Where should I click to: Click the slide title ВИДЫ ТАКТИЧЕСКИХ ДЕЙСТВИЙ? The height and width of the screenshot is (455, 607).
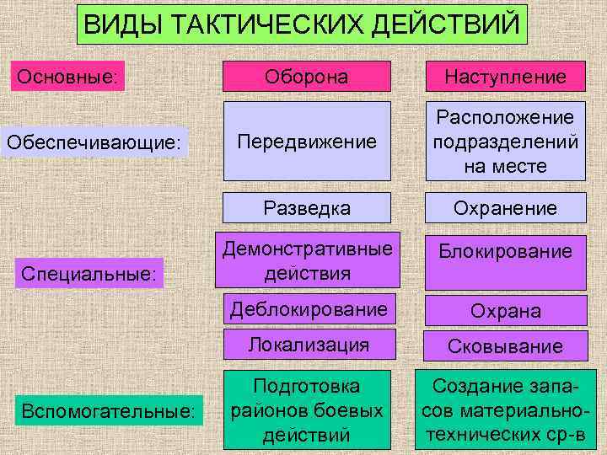(302, 24)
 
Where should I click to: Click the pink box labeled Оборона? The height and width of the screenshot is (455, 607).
(307, 77)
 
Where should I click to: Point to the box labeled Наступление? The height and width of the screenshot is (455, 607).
(505, 77)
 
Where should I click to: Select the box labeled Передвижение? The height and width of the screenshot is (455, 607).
(307, 142)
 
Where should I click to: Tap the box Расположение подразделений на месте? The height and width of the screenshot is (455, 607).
(505, 142)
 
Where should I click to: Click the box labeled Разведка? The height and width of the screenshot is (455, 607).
(307, 207)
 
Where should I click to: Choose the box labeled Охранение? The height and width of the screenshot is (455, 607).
(505, 207)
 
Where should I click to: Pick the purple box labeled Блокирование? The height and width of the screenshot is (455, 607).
(505, 261)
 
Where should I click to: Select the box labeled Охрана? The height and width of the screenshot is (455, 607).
(505, 310)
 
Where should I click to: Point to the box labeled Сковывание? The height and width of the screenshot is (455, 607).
(505, 345)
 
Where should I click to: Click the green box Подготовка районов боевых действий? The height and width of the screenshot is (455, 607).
(307, 410)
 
